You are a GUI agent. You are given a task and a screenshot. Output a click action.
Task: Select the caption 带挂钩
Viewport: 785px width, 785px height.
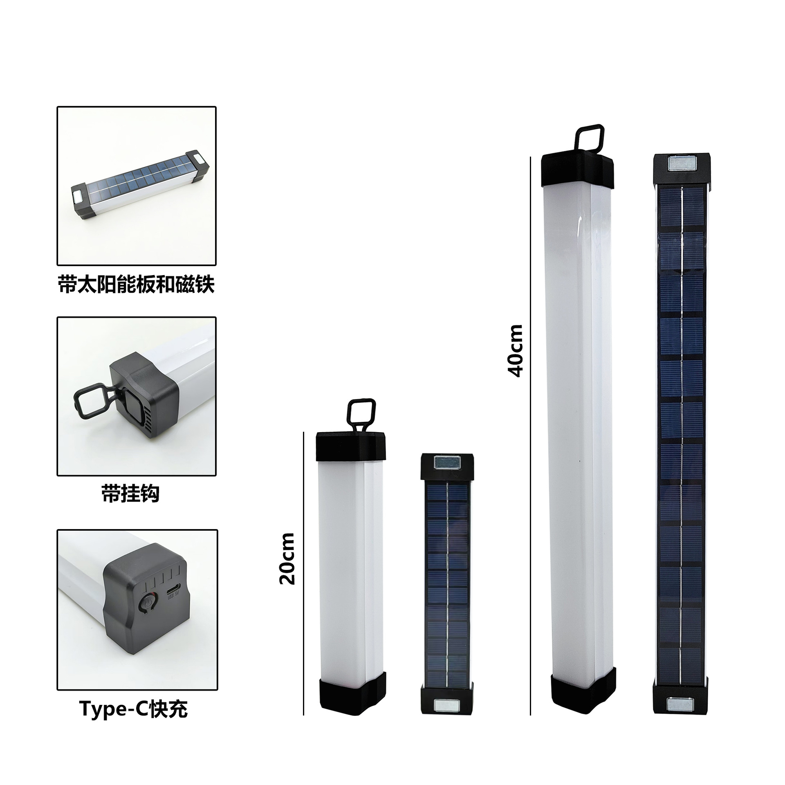130,494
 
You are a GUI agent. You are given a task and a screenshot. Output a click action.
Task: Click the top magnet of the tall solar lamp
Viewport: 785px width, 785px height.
681,164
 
